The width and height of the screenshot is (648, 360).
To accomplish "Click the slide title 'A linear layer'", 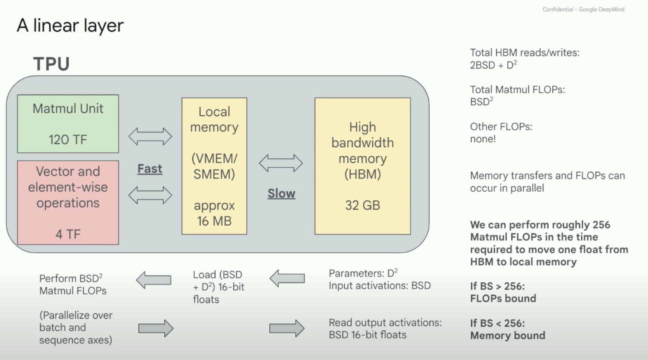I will coord(70,25).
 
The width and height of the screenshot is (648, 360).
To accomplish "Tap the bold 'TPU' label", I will coord(51,64).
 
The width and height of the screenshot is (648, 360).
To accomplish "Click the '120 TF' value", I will coord(68,140).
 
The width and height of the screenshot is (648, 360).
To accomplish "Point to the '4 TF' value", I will coord(68,234).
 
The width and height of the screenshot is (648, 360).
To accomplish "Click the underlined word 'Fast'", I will coord(150,169).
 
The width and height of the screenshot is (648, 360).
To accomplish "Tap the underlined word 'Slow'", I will coord(281,194).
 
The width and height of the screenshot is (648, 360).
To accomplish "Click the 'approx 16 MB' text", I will coord(214,213).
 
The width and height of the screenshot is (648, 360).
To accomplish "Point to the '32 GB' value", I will coord(363,205).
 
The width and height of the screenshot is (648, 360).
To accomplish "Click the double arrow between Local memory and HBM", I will coord(281,163).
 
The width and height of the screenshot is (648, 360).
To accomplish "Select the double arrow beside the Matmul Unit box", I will coord(150,136).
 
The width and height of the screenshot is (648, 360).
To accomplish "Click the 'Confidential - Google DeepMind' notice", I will coord(583,9).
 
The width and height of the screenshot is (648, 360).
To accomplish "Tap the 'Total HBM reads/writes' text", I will coord(525,53).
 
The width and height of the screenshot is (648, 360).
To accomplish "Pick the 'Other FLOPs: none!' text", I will coord(501,133).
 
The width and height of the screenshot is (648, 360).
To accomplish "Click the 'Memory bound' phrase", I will coord(508,336).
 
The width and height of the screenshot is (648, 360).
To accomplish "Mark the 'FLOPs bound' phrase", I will coord(503,298).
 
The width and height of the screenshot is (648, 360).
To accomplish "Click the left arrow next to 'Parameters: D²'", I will coord(287,279).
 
